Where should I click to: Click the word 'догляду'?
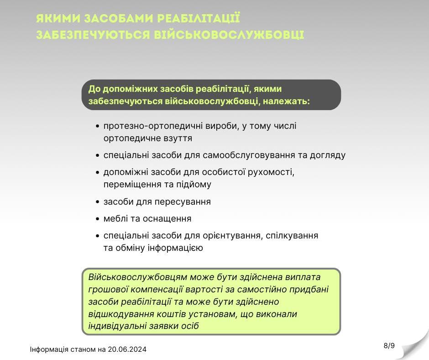[327, 155]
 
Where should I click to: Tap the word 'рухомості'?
[271, 172]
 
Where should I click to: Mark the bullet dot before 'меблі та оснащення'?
[98, 219]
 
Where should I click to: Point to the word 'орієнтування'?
[232, 235]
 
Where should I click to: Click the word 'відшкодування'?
[116, 314]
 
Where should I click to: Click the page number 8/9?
[389, 346]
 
